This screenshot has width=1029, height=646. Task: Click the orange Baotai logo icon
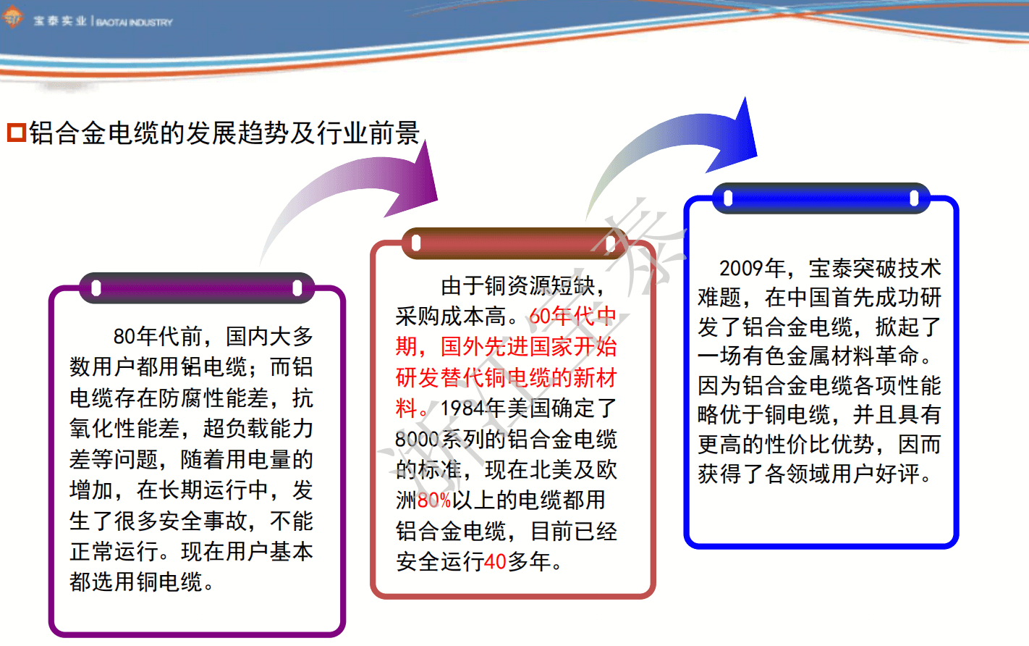(12, 17)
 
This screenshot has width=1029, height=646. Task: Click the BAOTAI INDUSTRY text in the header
(134, 22)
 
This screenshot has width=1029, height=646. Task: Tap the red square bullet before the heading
(17, 133)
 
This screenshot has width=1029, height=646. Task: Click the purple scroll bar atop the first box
(197, 288)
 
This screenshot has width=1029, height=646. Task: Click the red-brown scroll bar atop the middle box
(514, 243)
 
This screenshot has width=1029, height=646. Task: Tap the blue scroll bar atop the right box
(821, 198)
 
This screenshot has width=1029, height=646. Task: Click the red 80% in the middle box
(435, 500)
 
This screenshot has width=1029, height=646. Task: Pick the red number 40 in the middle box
(495, 561)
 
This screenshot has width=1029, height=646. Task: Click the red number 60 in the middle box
(541, 316)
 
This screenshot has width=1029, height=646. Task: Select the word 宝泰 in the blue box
(831, 269)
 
